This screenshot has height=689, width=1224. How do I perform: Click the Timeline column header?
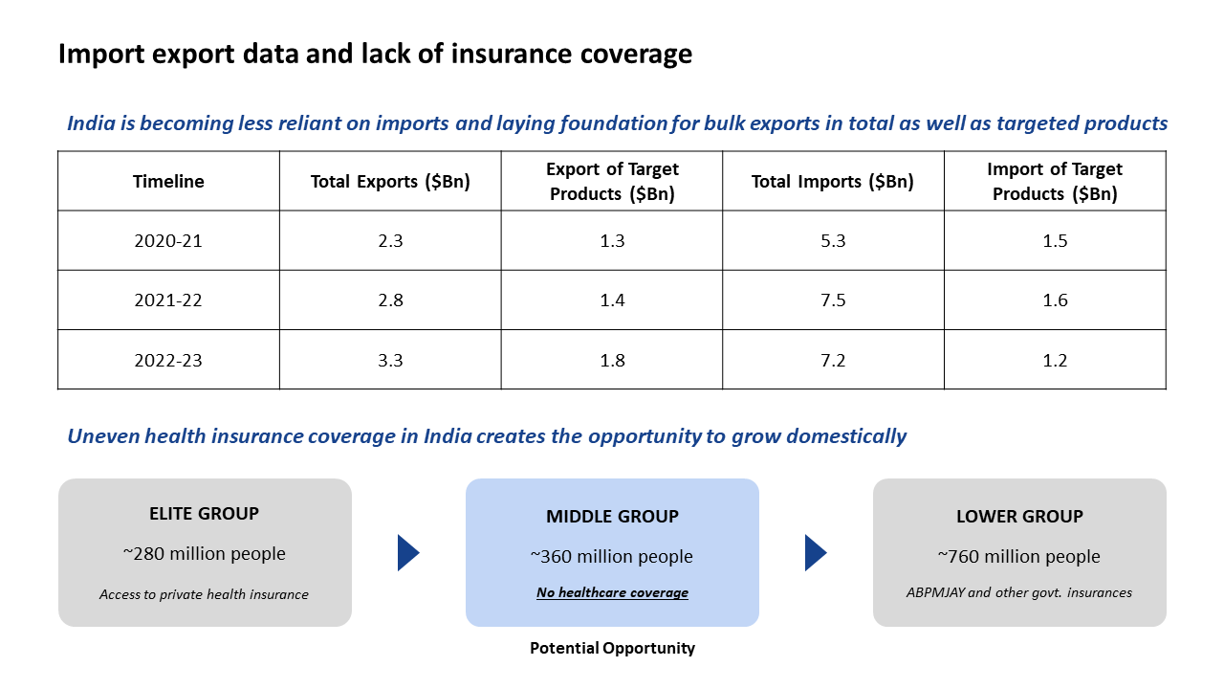168,182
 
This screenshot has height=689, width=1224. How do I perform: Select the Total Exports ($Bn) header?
390,182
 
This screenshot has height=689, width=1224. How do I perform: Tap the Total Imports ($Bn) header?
833,182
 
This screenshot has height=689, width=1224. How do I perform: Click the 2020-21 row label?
168,241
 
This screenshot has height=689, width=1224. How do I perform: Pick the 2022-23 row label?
168,361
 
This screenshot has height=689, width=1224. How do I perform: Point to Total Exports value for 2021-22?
390,300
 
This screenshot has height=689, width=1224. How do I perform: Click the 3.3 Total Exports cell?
390,361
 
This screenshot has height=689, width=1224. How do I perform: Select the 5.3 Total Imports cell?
833,241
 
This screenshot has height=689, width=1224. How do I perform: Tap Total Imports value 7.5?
833,300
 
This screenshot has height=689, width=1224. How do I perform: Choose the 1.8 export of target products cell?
612,361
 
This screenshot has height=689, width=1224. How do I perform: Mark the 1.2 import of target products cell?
1055,361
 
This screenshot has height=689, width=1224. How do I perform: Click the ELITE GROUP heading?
204,514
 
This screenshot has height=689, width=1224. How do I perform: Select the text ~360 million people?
612,557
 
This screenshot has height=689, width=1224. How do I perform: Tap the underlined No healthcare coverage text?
612,593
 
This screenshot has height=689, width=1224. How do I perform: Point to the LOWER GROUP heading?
1019,517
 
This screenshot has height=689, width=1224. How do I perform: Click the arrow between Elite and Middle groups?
408,553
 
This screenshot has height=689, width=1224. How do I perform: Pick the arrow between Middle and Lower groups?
816,553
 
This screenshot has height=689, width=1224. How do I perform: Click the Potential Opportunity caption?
612,649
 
